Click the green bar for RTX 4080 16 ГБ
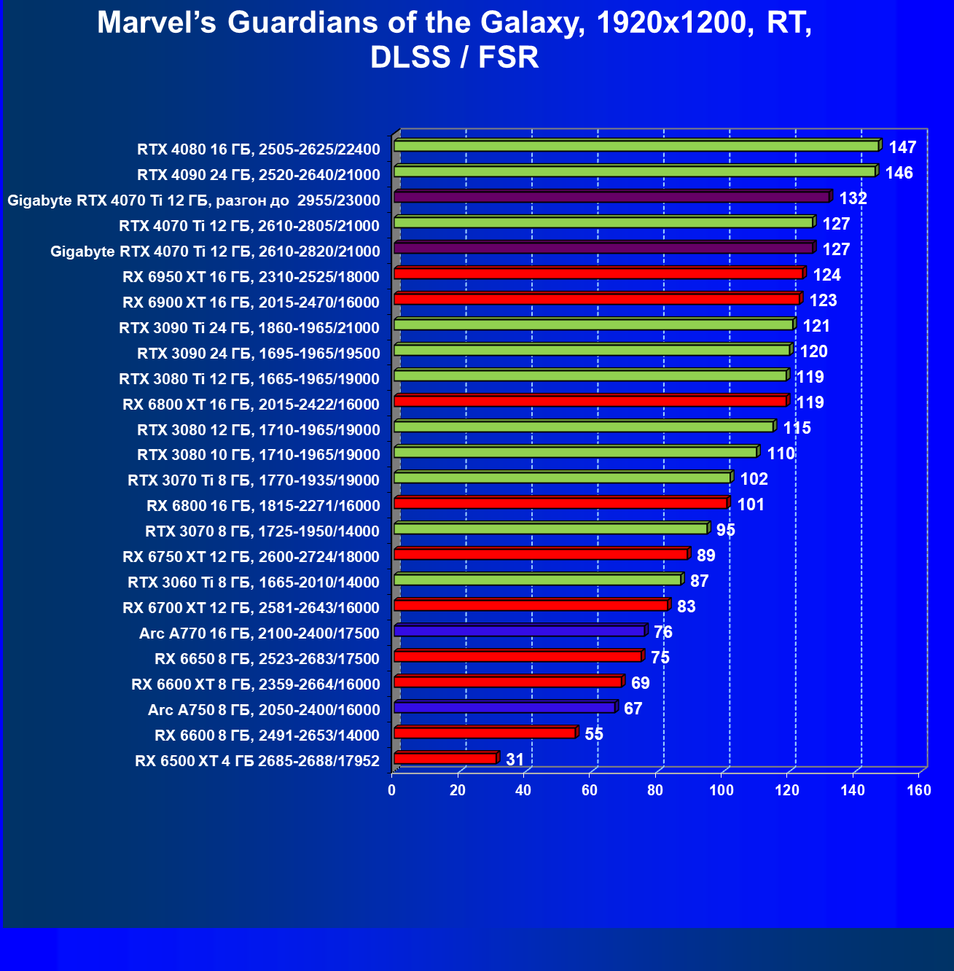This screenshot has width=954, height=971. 636,146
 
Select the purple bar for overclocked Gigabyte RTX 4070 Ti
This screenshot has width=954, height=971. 611,197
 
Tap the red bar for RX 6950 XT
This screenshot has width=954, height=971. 598,273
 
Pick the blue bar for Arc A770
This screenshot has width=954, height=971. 519,631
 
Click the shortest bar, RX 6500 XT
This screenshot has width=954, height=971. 445,758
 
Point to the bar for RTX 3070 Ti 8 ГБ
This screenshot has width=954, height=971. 561,477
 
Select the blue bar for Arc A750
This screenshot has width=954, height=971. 504,707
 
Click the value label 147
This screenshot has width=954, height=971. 902,147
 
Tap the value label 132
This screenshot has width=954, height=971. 853,198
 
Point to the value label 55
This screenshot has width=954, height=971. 594,734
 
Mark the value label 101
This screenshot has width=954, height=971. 751,504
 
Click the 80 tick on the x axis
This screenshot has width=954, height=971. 655,791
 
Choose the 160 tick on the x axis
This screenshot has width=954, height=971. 918,791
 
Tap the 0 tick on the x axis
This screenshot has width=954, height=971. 392,791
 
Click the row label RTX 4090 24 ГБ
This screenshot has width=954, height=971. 258,175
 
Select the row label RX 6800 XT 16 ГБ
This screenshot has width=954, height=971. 251,405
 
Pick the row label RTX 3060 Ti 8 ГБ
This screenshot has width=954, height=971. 253,582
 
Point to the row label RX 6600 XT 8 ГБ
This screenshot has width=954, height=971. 255,685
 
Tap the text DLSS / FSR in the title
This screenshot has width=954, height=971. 455,58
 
